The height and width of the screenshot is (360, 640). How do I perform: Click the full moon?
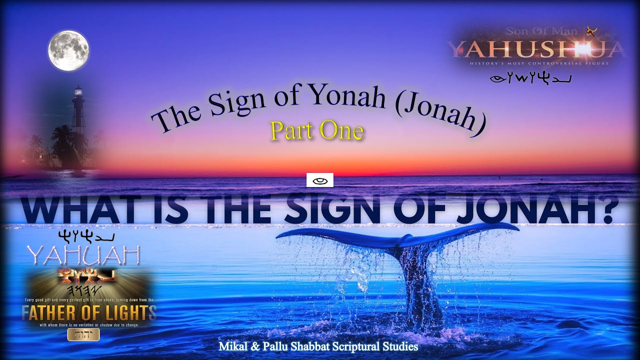(68, 50)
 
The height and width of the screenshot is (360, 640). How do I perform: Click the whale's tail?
(400, 240)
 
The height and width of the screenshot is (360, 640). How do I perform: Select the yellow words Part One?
(317, 131)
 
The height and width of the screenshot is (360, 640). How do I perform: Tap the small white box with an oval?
(319, 180)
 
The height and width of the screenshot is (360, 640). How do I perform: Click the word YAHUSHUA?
(536, 49)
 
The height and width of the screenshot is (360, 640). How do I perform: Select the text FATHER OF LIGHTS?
(89, 313)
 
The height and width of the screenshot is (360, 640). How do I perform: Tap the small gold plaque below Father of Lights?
(83, 334)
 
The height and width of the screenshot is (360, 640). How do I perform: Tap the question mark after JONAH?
(607, 210)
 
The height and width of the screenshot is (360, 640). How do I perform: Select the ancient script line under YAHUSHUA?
(531, 78)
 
